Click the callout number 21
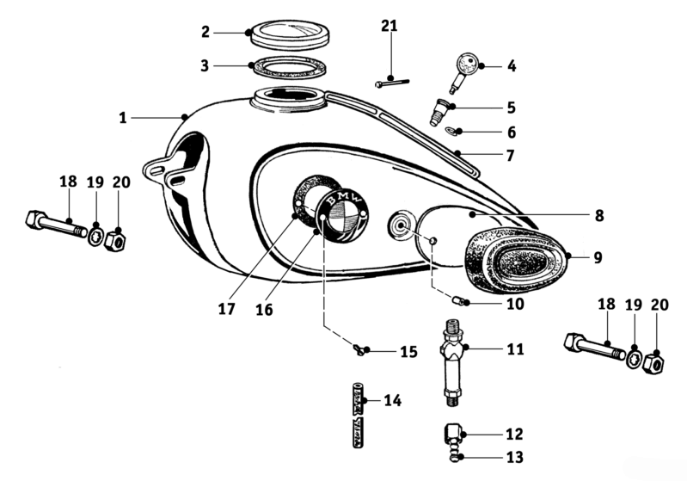pos(389,27)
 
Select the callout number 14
pos(392,400)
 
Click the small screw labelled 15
pos(359,349)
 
